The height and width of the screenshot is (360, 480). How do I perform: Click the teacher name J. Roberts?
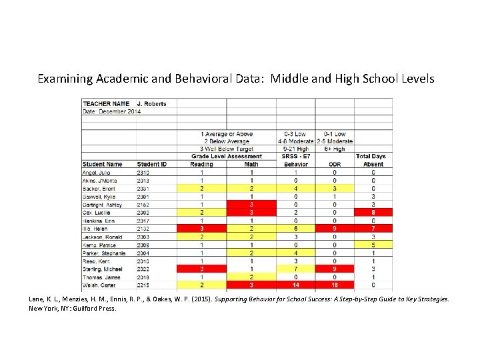151,103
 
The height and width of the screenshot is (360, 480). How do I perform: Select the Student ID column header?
152,164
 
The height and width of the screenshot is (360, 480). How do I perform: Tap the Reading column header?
201,164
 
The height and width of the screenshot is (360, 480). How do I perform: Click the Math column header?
251,164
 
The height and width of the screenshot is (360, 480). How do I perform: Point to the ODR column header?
335,164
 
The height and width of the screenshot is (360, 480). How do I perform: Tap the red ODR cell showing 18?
335,285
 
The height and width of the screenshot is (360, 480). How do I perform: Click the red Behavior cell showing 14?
296,285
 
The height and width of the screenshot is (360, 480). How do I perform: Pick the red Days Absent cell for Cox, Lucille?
373,213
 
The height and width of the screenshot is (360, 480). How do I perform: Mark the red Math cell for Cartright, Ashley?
251,205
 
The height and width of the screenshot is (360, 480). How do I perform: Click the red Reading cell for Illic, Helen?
201,229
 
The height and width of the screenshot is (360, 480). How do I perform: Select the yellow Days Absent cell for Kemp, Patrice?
373,245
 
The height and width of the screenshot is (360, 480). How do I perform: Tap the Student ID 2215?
143,285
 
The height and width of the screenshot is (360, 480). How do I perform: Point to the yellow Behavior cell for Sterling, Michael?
296,269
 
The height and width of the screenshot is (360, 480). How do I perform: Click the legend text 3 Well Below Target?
226,149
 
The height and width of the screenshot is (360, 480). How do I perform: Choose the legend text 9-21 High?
296,149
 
